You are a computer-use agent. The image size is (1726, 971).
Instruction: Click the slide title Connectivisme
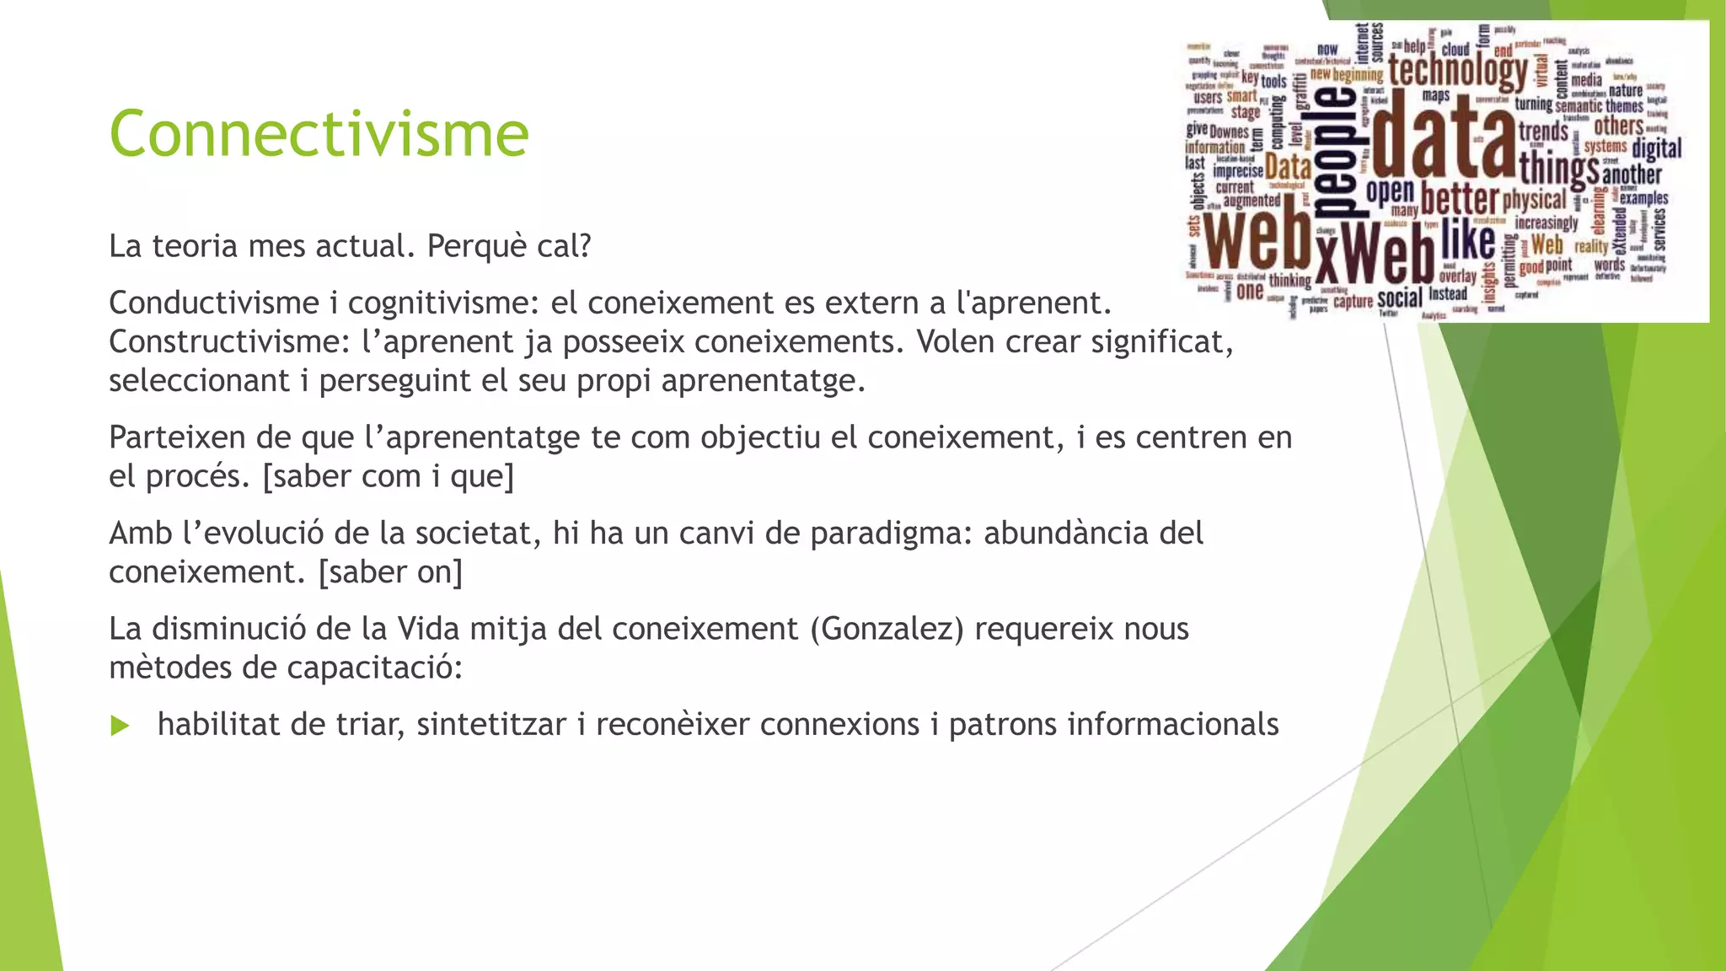point(319,134)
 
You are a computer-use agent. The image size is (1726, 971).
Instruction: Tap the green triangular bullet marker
point(121,726)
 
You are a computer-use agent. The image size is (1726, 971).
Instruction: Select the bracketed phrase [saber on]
point(390,572)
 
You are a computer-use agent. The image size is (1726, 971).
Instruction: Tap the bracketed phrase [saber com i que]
point(389,477)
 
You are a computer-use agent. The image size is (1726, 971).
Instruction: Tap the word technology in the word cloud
point(1457,70)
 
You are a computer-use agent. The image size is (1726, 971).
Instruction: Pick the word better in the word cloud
point(1460,200)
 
